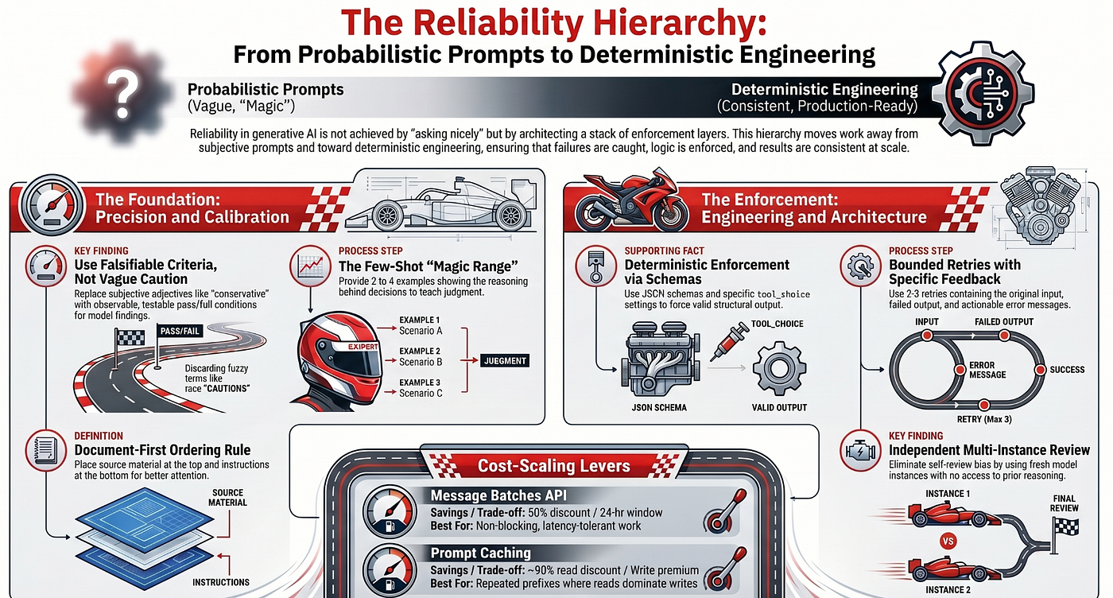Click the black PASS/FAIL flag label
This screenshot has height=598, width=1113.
click(180, 331)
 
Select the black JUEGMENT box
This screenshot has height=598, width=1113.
click(505, 361)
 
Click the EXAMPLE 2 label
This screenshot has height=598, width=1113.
click(420, 351)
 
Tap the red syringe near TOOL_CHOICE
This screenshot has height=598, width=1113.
click(729, 340)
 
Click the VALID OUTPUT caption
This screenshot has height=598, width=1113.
click(779, 408)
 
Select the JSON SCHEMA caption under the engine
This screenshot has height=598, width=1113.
click(659, 408)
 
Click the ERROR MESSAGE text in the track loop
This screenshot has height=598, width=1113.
click(987, 370)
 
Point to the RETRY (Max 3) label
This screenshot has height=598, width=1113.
click(984, 419)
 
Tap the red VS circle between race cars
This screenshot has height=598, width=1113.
click(948, 542)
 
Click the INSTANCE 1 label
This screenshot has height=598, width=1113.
click(948, 494)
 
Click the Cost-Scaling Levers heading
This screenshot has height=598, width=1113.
click(553, 466)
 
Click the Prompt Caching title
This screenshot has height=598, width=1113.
click(480, 553)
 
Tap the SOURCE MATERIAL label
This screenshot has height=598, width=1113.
click(227, 498)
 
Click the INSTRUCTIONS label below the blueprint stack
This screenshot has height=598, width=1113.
click(221, 582)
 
